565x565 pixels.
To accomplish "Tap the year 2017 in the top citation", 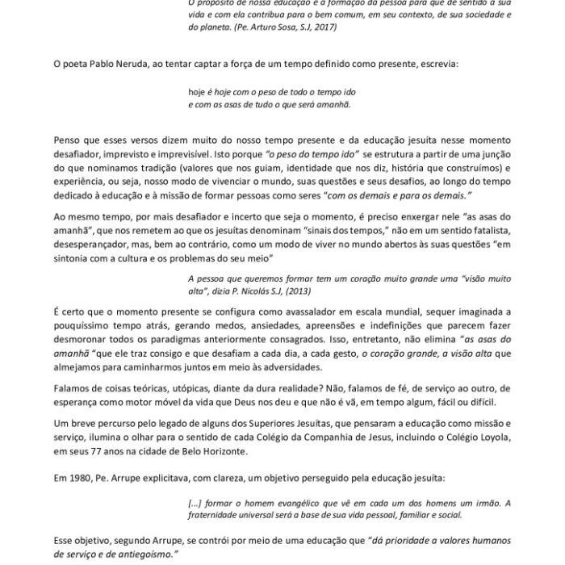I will point(324,27).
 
